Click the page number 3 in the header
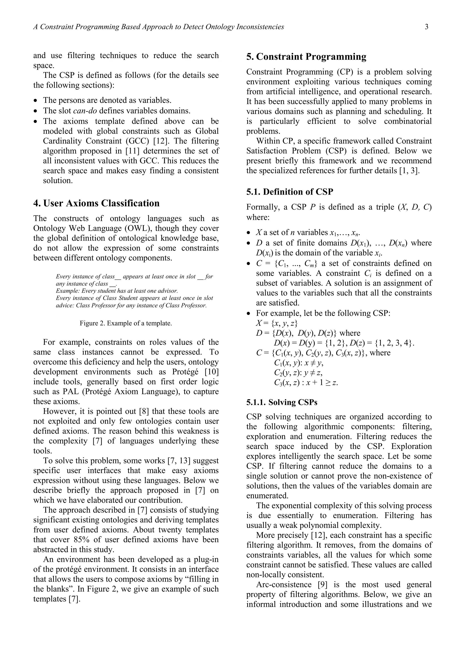click(427, 27)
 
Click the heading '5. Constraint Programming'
click(306, 57)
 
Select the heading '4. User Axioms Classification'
click(96, 203)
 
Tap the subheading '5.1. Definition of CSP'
click(290, 192)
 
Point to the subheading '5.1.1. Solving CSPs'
click(282, 402)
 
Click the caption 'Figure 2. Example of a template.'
click(126, 323)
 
